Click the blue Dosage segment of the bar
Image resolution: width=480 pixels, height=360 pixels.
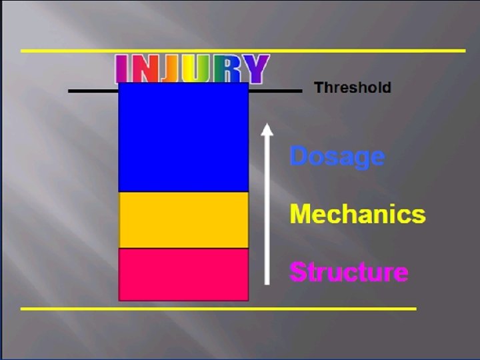183,137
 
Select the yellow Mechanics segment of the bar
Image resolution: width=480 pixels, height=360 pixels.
183,220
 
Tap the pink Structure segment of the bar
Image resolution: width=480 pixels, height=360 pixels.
183,274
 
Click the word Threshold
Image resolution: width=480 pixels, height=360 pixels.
352,87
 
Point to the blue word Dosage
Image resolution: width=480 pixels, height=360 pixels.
337,157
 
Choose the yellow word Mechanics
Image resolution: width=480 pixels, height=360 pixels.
357,214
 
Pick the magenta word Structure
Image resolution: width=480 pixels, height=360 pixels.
349,272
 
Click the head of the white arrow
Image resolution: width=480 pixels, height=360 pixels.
267,129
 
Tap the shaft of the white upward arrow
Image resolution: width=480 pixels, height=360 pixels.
267,213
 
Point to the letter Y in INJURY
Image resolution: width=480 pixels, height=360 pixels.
255,69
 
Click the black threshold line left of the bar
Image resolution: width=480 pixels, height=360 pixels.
93,91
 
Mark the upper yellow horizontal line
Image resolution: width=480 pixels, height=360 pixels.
243,51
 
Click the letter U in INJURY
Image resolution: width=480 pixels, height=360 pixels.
198,69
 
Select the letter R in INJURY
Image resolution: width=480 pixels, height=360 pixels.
227,69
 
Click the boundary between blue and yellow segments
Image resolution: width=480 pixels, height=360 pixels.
183,192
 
